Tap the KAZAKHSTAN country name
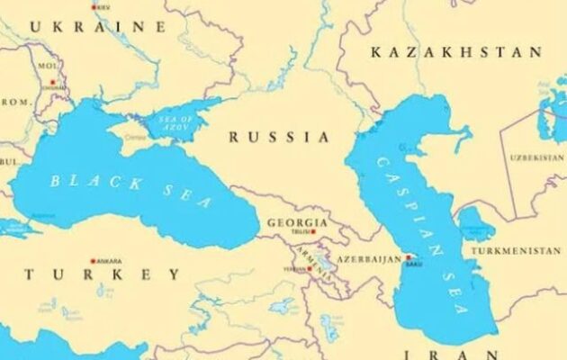[x=456, y=52]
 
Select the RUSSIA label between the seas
[x=279, y=137]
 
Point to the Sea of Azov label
[x=175, y=124]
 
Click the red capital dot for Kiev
[x=94, y=7]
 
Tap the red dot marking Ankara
[x=93, y=261]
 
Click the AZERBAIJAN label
[x=369, y=259]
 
